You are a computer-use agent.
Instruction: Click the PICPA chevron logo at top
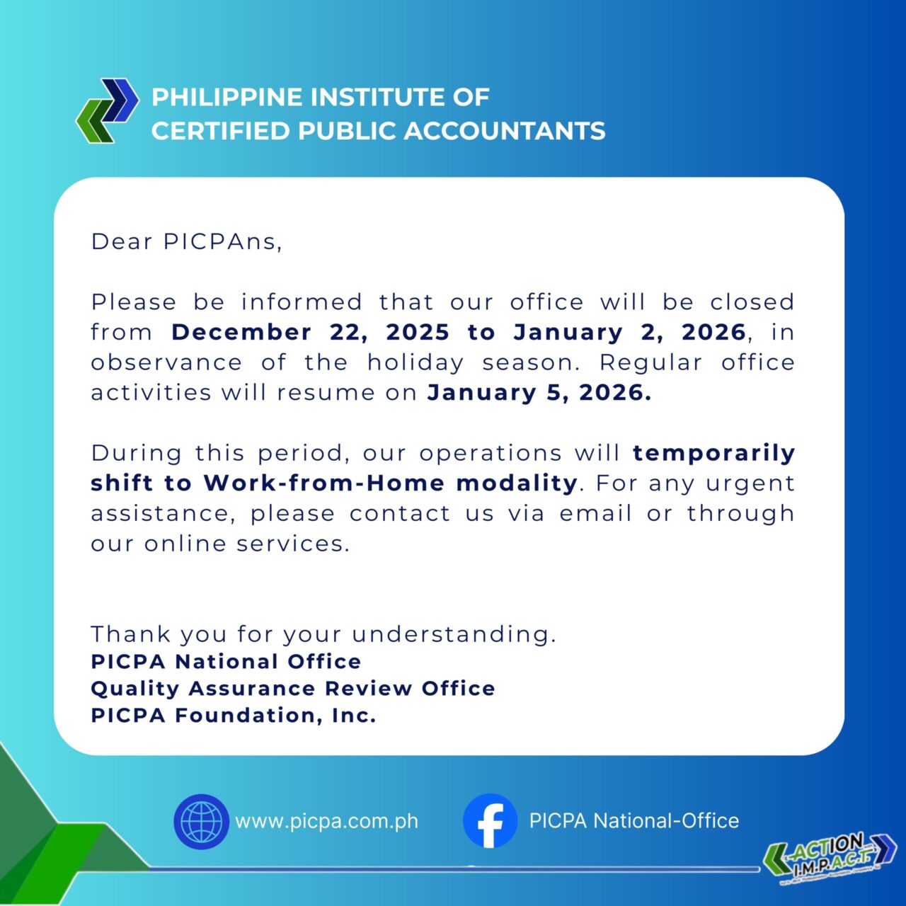click(x=108, y=111)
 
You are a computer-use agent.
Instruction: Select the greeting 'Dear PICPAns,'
click(x=186, y=242)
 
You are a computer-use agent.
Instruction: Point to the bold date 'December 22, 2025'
click(x=310, y=333)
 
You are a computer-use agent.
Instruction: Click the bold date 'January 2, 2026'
click(x=630, y=333)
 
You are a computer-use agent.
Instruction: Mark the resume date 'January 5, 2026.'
click(x=539, y=393)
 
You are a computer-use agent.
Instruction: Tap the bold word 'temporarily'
click(x=713, y=453)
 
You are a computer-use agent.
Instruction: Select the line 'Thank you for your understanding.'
click(x=323, y=634)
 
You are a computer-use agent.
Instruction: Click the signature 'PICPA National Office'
click(x=226, y=662)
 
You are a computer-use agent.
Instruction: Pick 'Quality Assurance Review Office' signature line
click(x=293, y=689)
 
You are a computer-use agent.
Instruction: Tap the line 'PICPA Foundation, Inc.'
click(x=234, y=716)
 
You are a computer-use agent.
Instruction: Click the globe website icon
click(x=202, y=821)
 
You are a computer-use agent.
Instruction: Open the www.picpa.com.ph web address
click(x=326, y=822)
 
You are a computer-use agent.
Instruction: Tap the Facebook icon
click(x=490, y=821)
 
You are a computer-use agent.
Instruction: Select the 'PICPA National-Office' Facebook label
click(x=634, y=821)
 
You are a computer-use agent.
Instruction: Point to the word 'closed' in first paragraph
click(x=752, y=302)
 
